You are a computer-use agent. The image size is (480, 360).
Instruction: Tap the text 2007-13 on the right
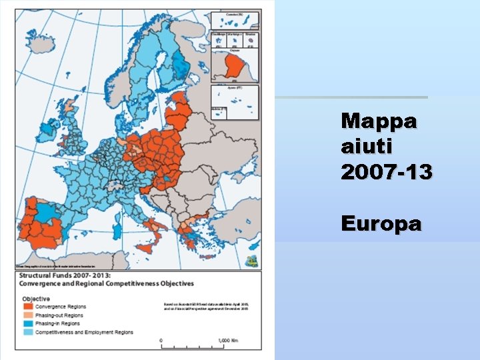click(x=386, y=172)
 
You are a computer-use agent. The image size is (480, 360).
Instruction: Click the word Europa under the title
click(x=381, y=223)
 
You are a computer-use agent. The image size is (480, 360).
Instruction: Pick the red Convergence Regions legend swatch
click(x=28, y=307)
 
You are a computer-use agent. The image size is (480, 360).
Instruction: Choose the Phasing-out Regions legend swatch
click(x=28, y=315)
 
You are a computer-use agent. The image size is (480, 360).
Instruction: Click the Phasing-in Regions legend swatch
click(x=28, y=323)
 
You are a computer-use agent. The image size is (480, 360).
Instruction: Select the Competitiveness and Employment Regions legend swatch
click(x=28, y=331)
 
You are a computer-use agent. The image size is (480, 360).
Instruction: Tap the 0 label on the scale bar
click(x=161, y=339)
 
